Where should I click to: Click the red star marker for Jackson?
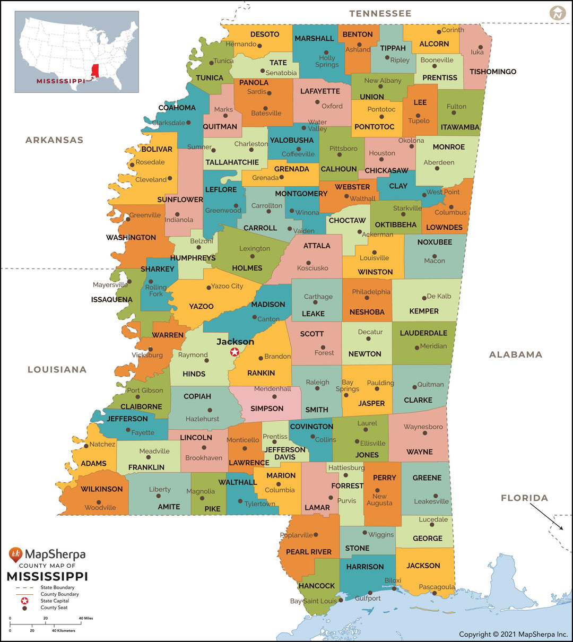[x=235, y=352]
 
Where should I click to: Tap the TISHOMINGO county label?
[x=492, y=72]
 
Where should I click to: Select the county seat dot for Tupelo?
[x=418, y=115]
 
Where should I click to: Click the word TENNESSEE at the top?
[x=380, y=13]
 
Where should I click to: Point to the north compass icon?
[x=557, y=13]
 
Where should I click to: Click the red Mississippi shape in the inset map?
[x=95, y=71]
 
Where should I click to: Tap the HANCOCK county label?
[x=317, y=586]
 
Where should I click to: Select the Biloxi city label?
[x=393, y=580]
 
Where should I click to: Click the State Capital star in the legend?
[x=24, y=601]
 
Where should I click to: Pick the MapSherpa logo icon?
[x=16, y=555]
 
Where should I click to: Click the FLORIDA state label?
[x=524, y=498]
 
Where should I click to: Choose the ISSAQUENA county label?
[x=111, y=299]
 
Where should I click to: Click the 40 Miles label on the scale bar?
[x=85, y=618]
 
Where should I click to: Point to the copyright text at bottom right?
[x=513, y=634]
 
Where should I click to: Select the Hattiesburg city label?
[x=346, y=467]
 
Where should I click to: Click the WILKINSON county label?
[x=101, y=489]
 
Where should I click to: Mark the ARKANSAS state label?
[x=54, y=140]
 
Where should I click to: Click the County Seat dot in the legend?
[x=24, y=608]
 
